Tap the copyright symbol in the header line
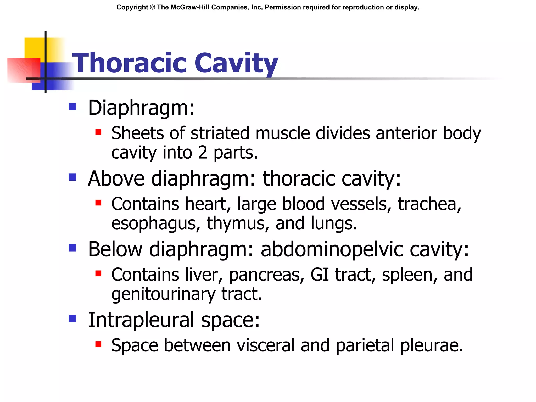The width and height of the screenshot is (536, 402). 153,7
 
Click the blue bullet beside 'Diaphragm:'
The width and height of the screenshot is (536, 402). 72,106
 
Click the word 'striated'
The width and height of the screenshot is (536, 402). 220,133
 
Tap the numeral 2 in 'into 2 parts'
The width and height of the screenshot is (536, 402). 203,153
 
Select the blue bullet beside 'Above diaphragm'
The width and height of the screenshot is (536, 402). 72,177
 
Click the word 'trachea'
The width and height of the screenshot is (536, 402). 429,204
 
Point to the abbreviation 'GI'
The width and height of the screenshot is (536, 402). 319,275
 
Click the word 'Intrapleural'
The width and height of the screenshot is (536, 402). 141,320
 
